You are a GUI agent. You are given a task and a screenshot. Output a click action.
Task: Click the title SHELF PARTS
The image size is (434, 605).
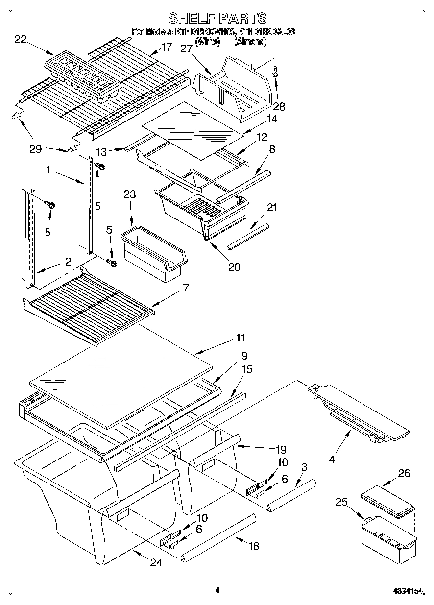click(x=217, y=18)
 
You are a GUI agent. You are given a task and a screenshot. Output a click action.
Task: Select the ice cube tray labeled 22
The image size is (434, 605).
click(x=83, y=77)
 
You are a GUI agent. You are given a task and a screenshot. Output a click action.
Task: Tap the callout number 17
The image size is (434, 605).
click(x=167, y=48)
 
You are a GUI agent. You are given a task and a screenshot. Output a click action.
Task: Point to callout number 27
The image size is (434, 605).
click(x=186, y=48)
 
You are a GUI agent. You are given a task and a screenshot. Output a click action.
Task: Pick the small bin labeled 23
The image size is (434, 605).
click(x=153, y=253)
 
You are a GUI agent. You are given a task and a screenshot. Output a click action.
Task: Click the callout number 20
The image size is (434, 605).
click(x=234, y=267)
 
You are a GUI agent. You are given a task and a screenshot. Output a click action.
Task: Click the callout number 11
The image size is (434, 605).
click(x=240, y=338)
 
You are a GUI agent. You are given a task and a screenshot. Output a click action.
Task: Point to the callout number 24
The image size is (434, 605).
click(x=155, y=563)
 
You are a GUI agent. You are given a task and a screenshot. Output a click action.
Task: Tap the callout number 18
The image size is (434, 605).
click(x=253, y=546)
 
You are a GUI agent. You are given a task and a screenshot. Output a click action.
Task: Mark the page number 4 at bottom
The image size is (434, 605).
click(x=217, y=590)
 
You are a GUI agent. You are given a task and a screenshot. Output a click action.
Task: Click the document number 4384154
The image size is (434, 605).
click(x=406, y=591)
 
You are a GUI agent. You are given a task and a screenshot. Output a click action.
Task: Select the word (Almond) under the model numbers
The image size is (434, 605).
click(x=250, y=42)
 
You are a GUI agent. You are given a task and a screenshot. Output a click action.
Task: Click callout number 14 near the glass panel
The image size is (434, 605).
click(x=272, y=119)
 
